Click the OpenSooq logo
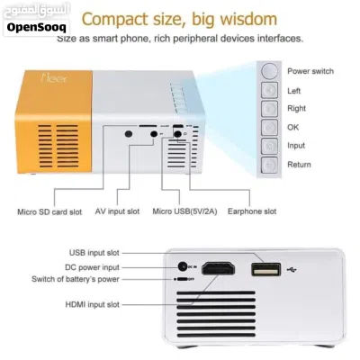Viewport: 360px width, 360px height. (x=36, y=20)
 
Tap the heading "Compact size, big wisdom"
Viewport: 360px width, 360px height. (x=179, y=19)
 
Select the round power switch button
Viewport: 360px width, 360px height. (x=269, y=71)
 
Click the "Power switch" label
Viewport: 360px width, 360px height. (x=310, y=71)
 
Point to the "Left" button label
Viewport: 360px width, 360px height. (x=293, y=91)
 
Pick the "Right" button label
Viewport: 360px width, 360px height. (x=296, y=108)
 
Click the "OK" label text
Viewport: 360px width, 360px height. (x=293, y=127)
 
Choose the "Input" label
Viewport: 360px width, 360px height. (x=296, y=146)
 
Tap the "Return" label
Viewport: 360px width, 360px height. (x=299, y=165)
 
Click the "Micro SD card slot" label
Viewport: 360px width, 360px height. (x=49, y=211)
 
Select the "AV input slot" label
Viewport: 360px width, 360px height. (x=117, y=211)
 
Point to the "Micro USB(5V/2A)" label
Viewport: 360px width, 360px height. (x=184, y=211)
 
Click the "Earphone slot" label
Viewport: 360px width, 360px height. (x=252, y=211)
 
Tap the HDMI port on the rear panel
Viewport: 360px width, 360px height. (x=218, y=268)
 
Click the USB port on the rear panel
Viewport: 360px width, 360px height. (x=266, y=269)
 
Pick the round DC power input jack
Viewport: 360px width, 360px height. (x=183, y=266)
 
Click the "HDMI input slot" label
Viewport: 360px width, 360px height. (x=93, y=304)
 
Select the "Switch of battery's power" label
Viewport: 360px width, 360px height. (x=76, y=279)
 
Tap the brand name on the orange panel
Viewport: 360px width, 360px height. (x=54, y=78)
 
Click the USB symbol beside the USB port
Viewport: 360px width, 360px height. (x=292, y=270)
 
